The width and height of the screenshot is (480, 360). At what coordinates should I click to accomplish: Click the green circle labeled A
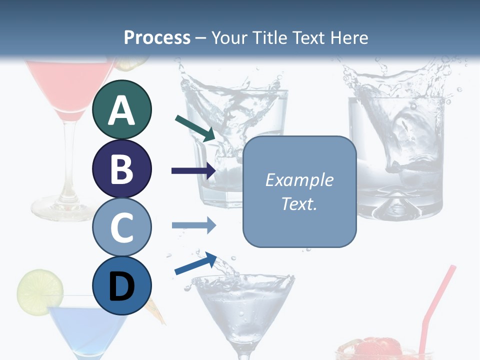pyautogui.click(x=122, y=110)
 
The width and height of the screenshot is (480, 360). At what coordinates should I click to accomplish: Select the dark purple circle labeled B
pyautogui.click(x=122, y=168)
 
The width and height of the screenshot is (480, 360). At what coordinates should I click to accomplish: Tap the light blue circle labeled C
pyautogui.click(x=122, y=227)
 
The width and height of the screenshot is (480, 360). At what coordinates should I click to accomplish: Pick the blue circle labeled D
pyautogui.click(x=122, y=285)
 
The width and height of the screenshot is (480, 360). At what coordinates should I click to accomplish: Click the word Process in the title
pyautogui.click(x=157, y=38)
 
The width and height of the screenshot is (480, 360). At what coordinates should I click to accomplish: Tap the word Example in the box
pyautogui.click(x=299, y=180)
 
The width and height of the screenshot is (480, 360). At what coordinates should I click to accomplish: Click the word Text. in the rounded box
pyautogui.click(x=299, y=203)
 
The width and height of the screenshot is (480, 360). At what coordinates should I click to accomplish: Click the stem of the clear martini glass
pyautogui.click(x=243, y=352)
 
